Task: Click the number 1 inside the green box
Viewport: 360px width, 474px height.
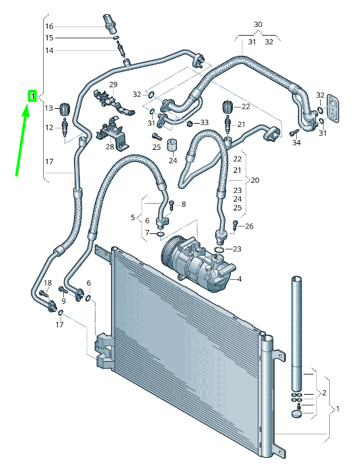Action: point(32,97)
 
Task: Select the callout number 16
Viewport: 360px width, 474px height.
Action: point(49,26)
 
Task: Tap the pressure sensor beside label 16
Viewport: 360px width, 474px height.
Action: point(111,20)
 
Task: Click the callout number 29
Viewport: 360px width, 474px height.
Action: point(113,84)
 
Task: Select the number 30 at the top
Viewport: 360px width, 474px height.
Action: point(258,25)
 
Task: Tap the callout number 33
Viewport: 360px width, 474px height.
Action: point(205,122)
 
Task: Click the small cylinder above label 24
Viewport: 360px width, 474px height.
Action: point(172,145)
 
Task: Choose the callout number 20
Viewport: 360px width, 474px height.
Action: point(254,180)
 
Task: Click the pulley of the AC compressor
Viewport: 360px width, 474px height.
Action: point(174,256)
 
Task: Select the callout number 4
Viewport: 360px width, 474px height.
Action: point(240,279)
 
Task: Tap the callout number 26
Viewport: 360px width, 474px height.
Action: point(249,226)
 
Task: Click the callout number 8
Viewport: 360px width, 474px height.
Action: point(183,204)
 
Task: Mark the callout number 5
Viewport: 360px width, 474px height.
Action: point(133,217)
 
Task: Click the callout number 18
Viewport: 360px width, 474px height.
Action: point(48,282)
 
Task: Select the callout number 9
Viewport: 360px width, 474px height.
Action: point(63,301)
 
